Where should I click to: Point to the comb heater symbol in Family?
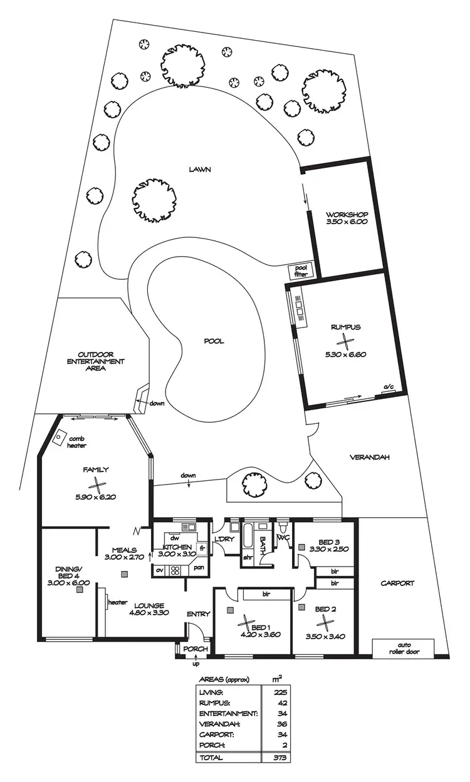point(61,437)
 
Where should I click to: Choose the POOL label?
point(213,341)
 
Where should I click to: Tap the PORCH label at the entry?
point(195,649)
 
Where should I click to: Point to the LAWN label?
point(201,169)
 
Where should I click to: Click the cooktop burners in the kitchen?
point(175,570)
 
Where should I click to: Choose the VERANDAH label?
point(369,457)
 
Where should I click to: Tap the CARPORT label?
point(397,583)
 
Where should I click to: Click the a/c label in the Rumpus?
point(389,388)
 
